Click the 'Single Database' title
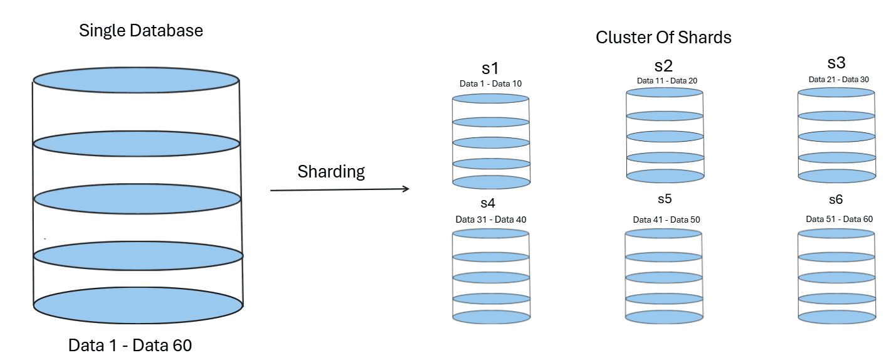[141, 30]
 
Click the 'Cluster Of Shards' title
[663, 37]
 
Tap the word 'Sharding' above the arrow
[331, 171]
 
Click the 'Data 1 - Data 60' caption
[130, 345]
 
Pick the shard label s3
[836, 63]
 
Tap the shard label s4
[488, 203]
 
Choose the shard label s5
[665, 199]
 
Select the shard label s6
[836, 199]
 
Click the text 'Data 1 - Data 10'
[490, 83]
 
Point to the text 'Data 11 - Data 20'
[667, 80]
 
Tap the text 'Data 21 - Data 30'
[838, 79]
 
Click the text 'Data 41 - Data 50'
[666, 220]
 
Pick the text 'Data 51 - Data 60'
[839, 219]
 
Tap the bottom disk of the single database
[138, 306]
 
